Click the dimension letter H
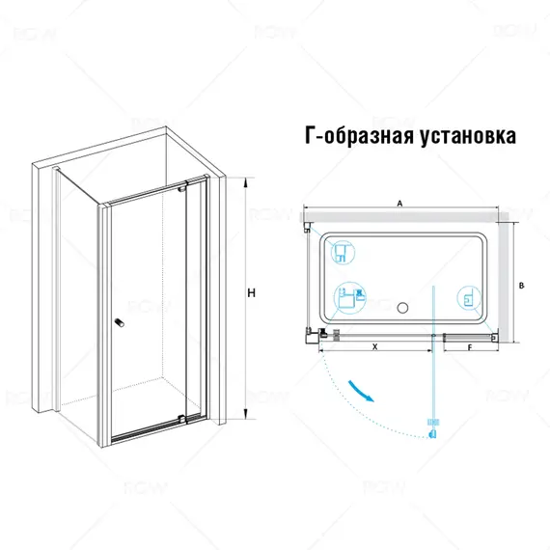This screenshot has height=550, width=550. tap(250, 292)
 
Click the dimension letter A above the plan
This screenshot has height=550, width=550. tap(399, 204)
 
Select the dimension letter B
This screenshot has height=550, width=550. tap(521, 285)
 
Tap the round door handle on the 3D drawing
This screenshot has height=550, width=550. tap(119, 323)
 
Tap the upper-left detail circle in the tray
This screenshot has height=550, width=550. tap(341, 254)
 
